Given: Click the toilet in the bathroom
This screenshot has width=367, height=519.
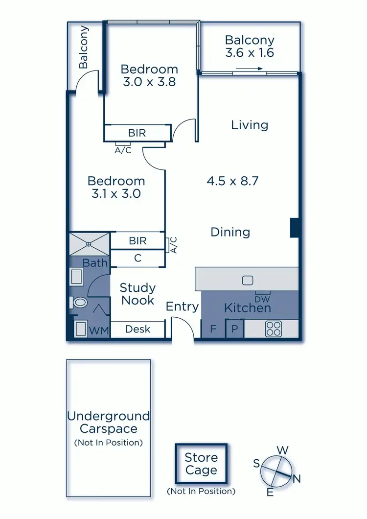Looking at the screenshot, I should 79,303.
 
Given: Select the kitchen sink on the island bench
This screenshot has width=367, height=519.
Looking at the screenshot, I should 247,281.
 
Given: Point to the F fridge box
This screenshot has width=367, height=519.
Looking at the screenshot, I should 213,329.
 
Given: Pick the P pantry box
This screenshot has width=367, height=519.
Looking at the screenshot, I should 234,329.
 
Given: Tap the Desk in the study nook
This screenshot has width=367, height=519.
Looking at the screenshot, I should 138,329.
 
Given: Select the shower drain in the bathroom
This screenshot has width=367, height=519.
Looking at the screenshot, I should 89,243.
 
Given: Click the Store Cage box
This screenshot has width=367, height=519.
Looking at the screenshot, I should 201,464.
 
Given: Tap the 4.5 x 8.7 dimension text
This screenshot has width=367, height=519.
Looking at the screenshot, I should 232,181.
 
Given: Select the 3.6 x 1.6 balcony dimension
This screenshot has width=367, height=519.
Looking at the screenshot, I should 250,53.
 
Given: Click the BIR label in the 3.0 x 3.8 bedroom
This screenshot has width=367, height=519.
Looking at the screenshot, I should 137,132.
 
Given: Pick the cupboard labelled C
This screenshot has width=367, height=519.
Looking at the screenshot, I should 138,258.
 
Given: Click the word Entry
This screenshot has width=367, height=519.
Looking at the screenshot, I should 182,307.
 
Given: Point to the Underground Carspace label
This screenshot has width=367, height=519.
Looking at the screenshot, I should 108,423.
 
